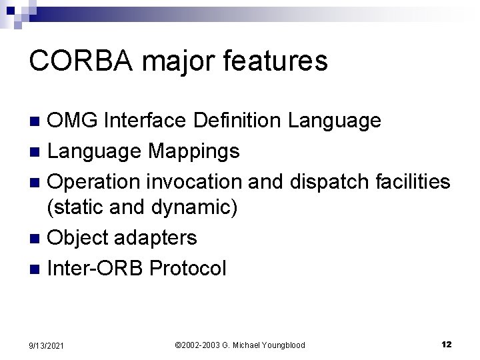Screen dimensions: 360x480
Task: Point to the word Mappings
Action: click(193, 151)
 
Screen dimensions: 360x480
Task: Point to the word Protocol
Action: click(188, 268)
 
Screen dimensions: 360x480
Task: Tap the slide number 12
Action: click(447, 344)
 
